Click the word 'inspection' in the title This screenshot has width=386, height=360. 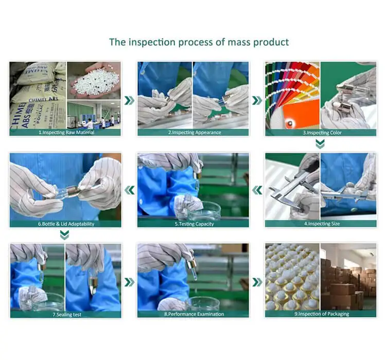pos(152,42)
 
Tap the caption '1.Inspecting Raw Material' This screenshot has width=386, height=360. pos(66,132)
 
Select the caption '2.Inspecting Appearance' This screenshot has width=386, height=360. pos(195,132)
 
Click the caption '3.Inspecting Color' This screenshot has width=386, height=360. pos(322,133)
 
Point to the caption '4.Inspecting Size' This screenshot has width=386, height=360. pos(322,224)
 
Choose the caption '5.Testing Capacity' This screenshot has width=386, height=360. pos(194,224)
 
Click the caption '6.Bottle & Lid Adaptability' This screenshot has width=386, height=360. pos(66,224)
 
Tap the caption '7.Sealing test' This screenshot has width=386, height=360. pos(67,314)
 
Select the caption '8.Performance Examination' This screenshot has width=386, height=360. pos(194,314)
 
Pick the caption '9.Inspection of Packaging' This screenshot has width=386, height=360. pos(322,314)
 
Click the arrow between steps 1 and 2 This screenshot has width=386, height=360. pos(129,100)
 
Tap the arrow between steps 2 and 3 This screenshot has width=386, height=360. pos(257,100)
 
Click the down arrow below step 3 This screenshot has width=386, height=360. pos(320,144)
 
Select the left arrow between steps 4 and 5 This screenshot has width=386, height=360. pos(257,190)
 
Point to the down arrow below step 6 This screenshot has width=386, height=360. pos(64,235)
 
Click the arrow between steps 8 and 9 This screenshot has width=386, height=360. pos(257,282)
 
